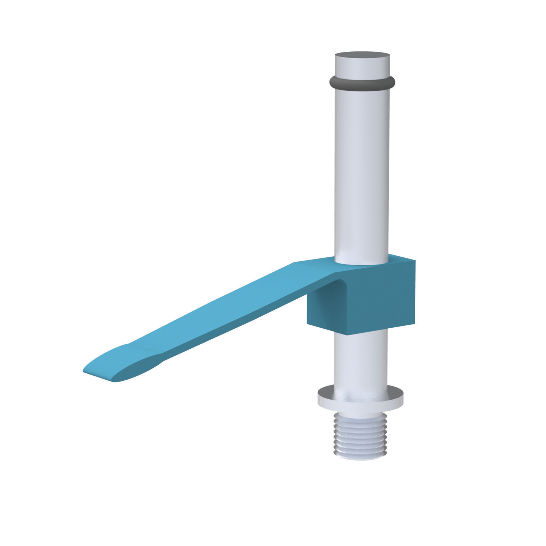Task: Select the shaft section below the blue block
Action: click(x=360, y=360)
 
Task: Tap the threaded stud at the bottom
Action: click(x=360, y=435)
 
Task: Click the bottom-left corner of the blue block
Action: click(x=308, y=324)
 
